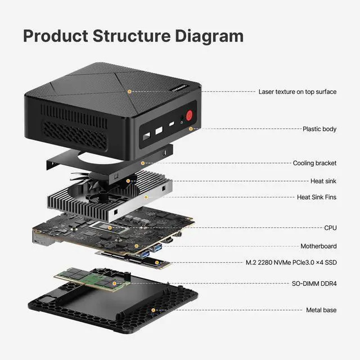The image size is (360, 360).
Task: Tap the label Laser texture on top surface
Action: click(x=297, y=91)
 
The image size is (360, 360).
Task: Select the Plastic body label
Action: click(x=319, y=129)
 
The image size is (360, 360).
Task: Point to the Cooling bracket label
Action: click(x=314, y=163)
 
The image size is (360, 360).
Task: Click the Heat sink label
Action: click(x=323, y=181)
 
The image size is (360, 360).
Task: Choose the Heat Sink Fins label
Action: click(x=317, y=197)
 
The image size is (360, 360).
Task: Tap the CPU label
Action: click(x=330, y=228)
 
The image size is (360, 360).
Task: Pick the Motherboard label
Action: click(x=318, y=246)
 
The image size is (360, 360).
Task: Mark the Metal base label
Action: click(x=321, y=310)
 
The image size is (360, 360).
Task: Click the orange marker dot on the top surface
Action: click(x=129, y=91)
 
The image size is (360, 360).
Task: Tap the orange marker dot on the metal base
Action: click(x=152, y=309)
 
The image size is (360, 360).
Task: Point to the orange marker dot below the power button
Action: click(x=191, y=129)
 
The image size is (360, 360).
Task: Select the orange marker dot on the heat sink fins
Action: click(x=146, y=197)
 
